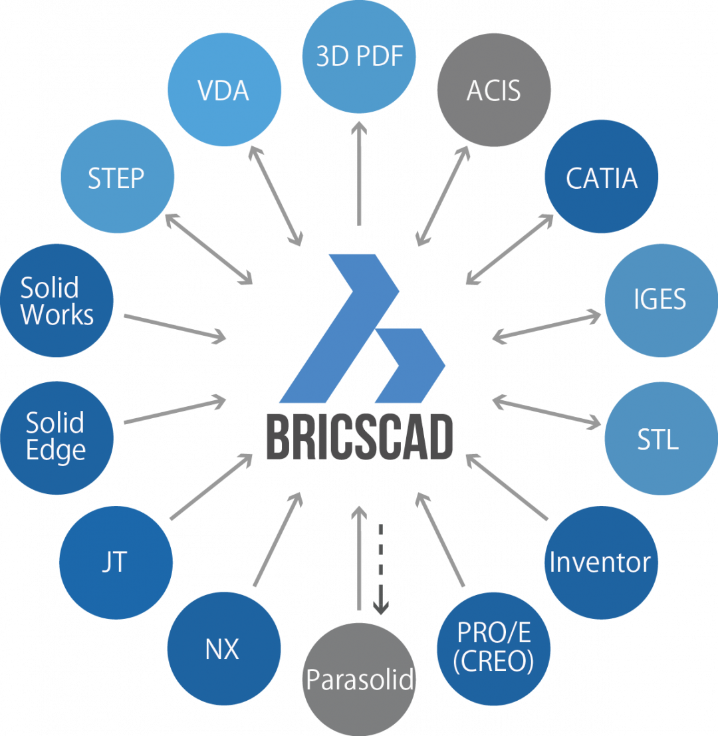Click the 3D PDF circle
pyautogui.click(x=359, y=56)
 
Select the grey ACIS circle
pyautogui.click(x=493, y=90)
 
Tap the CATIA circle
pyautogui.click(x=601, y=178)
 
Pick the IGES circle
pyautogui.click(x=659, y=299)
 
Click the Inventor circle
pyautogui.click(x=600, y=562)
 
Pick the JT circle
pyautogui.click(x=115, y=562)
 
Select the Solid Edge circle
pyautogui.click(x=57, y=437)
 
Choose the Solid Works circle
pyautogui.click(x=57, y=301)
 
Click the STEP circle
pyautogui.click(x=116, y=178)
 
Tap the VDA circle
pyautogui.click(x=224, y=90)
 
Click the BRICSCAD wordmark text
pyautogui.click(x=359, y=436)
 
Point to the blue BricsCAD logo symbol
pyautogui.click(x=362, y=329)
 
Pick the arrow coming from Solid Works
pyautogui.click(x=174, y=326)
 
